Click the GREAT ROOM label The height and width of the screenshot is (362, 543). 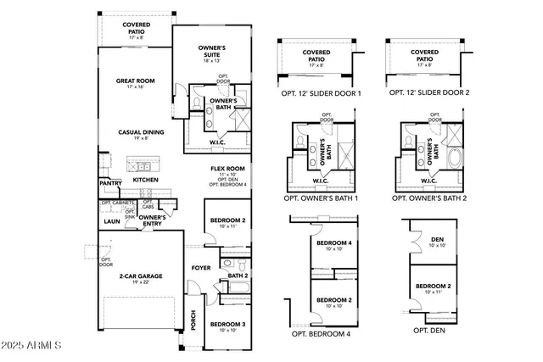[x=136, y=81]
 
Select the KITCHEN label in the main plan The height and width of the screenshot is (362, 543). [x=145, y=180]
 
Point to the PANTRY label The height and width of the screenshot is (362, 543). [x=110, y=183]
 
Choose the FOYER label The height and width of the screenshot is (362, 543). [x=200, y=268]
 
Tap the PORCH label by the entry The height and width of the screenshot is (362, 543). [x=193, y=320]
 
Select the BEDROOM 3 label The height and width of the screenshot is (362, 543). [x=227, y=325]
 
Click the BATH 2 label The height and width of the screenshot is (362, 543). [x=238, y=276]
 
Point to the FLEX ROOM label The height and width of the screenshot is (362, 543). [x=228, y=169]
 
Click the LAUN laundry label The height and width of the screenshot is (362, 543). [x=110, y=221]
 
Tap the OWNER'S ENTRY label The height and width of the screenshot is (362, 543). [x=152, y=220]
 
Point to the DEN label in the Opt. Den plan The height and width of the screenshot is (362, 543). [x=438, y=240]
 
